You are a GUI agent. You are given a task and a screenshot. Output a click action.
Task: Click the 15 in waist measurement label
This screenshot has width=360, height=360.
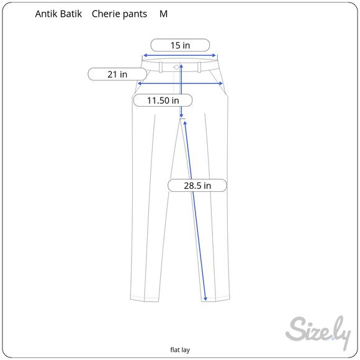180,45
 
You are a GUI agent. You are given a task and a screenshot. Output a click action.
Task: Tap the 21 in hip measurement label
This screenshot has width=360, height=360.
117,74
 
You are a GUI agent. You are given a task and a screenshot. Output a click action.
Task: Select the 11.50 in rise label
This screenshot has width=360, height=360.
163,100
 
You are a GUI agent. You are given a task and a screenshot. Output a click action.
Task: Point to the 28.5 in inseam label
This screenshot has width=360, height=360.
198,186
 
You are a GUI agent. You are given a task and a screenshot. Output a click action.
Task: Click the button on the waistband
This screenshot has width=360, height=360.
177,66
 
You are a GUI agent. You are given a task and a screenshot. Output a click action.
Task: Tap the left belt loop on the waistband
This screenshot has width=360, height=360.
162,66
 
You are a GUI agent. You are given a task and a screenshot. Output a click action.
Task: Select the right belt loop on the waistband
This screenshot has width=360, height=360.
199,66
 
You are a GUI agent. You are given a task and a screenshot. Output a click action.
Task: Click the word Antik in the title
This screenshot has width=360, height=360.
47,14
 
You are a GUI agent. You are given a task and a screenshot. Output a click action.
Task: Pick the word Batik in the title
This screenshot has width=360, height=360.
73,14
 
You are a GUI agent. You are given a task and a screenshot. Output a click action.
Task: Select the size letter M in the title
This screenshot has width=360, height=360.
163,14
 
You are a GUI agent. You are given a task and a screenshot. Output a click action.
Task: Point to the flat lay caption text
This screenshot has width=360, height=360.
180,349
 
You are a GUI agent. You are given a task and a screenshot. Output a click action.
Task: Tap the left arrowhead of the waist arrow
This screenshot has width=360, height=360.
144,55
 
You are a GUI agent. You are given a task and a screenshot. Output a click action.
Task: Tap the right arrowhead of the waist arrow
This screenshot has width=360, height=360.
216,55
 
